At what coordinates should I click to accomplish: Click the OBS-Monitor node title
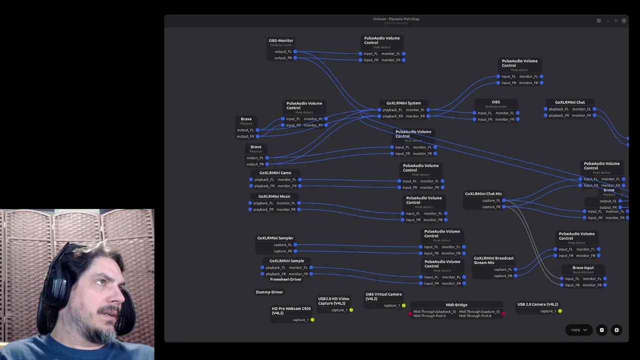tap(281, 40)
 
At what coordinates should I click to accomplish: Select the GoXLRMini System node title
tap(403, 103)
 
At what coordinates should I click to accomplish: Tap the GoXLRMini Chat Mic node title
tap(483, 194)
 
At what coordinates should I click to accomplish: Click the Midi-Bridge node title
tap(456, 304)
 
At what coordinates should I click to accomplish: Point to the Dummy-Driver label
tap(269, 292)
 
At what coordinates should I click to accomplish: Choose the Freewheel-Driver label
tap(285, 279)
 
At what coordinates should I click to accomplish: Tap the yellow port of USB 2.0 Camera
tap(560, 311)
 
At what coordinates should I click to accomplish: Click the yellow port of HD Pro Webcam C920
tap(312, 320)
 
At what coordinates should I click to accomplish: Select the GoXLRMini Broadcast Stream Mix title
tap(493, 260)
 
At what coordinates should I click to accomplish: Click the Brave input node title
tap(583, 268)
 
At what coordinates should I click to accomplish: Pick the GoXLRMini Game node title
tap(275, 173)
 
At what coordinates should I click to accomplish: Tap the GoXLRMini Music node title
tap(274, 196)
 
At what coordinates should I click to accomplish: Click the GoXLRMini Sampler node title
tap(275, 238)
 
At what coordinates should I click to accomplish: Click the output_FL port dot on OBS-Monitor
tap(295, 51)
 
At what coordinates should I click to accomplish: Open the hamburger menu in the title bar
tap(598, 20)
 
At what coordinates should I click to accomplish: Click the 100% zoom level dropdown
tap(579, 330)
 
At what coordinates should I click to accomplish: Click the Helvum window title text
tap(396, 19)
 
